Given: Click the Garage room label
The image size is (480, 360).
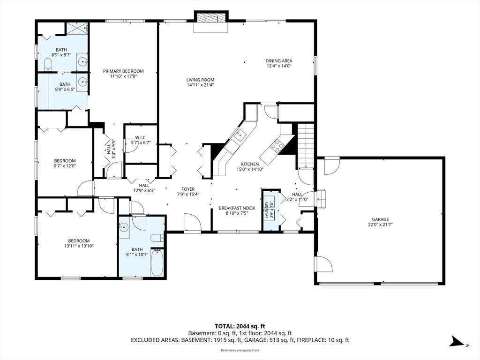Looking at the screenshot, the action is [380, 219].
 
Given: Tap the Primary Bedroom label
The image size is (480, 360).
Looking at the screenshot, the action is [123, 71].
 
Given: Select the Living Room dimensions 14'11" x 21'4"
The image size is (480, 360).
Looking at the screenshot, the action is [200, 85].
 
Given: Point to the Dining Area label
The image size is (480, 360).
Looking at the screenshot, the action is [278, 60].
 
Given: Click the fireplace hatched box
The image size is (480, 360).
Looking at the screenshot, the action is [211, 18].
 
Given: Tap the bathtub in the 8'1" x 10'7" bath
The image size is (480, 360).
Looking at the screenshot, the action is [157, 262].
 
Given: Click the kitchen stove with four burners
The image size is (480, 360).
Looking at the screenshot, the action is [277, 145].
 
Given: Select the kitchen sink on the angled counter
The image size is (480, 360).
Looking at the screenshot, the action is [240, 134].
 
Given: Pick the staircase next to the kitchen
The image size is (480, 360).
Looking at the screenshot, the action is [306, 145].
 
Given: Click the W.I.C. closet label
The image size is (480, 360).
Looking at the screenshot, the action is [141, 137].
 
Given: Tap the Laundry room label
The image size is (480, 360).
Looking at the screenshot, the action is [267, 210].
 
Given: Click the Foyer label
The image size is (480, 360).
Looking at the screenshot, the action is [188, 189].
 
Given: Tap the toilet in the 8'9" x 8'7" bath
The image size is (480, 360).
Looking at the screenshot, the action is [49, 65].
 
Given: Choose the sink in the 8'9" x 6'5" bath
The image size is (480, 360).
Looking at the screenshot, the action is [82, 82].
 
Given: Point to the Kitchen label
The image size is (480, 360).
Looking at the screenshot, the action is [250, 164].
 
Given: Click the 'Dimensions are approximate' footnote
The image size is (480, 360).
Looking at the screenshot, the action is [240, 350].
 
